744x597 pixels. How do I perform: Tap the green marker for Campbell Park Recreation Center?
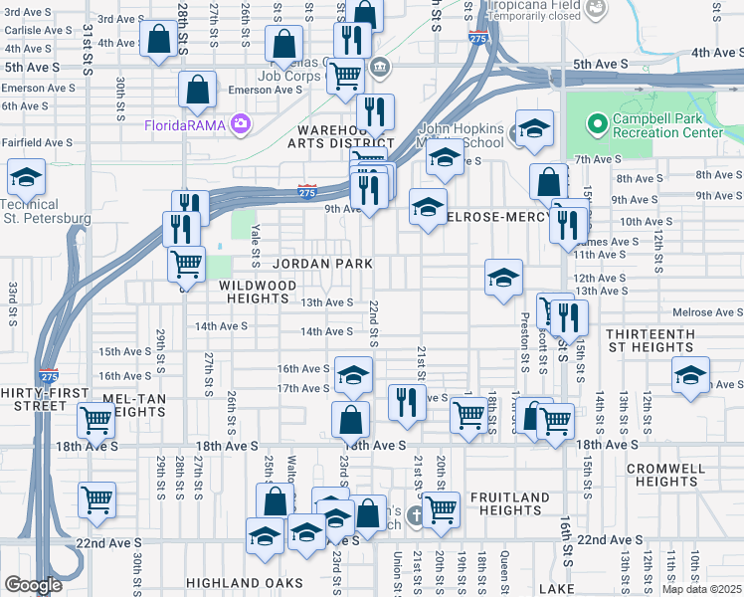(597, 124)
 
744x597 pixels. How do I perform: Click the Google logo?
(33, 584)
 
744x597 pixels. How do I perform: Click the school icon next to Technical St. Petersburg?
(25, 178)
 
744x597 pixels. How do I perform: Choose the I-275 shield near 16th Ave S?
(49, 376)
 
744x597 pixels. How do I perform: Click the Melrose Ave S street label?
(707, 312)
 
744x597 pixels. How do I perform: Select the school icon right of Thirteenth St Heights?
(689, 375)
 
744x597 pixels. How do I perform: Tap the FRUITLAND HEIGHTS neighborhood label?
(509, 503)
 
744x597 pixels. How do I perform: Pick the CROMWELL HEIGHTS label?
(666, 475)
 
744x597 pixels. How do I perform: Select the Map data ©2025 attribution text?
(701, 589)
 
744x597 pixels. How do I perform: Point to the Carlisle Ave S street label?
(37, 30)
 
